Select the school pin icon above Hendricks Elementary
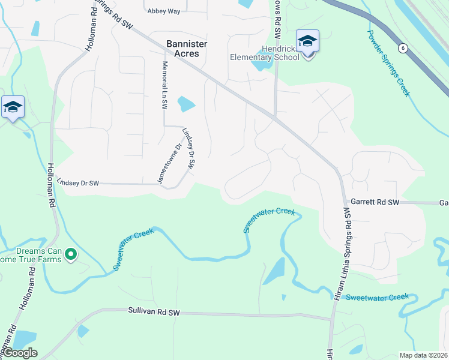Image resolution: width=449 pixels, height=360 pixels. pos(307,42)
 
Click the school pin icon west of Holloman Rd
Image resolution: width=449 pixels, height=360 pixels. pos(13,107)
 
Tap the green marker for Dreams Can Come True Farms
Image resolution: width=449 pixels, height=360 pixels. pos(71,255)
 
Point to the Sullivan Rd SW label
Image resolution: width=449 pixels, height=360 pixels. pos(154,312)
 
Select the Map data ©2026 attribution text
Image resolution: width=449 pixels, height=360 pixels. pos(424,355)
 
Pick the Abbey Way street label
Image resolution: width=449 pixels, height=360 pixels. pos(163,11)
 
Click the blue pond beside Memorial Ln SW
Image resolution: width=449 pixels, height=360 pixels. pos(187,104)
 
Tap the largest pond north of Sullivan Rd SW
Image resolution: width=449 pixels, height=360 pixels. pos(274,272)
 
